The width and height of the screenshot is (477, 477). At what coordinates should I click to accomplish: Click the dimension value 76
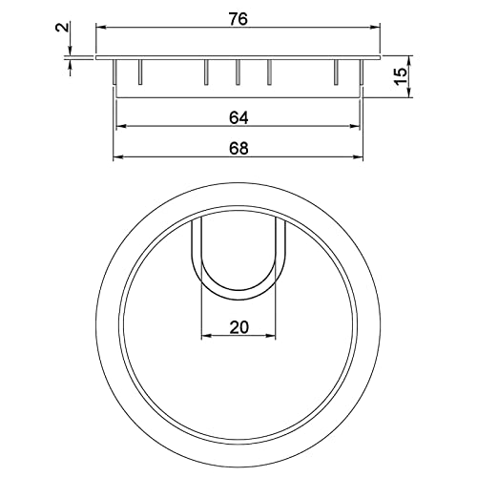[x=239, y=20]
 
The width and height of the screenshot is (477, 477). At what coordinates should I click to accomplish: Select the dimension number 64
[x=239, y=117]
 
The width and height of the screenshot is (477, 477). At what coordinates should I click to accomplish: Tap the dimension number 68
[x=239, y=149]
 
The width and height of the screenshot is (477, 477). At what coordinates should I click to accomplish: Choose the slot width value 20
[x=238, y=326]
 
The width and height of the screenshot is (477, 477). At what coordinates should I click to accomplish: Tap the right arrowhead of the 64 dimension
[x=358, y=126]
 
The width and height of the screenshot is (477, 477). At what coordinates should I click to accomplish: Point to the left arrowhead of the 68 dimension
[x=118, y=157]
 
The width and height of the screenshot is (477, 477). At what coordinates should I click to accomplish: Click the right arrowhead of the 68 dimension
[x=361, y=157]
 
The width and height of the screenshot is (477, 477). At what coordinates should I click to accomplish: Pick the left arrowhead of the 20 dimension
[x=205, y=335]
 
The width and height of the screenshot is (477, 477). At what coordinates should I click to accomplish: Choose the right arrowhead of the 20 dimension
[x=273, y=335]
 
